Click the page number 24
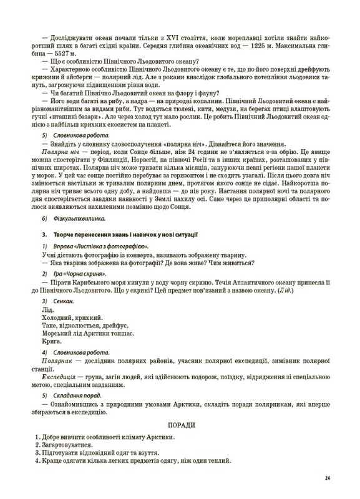tap(327, 478)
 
